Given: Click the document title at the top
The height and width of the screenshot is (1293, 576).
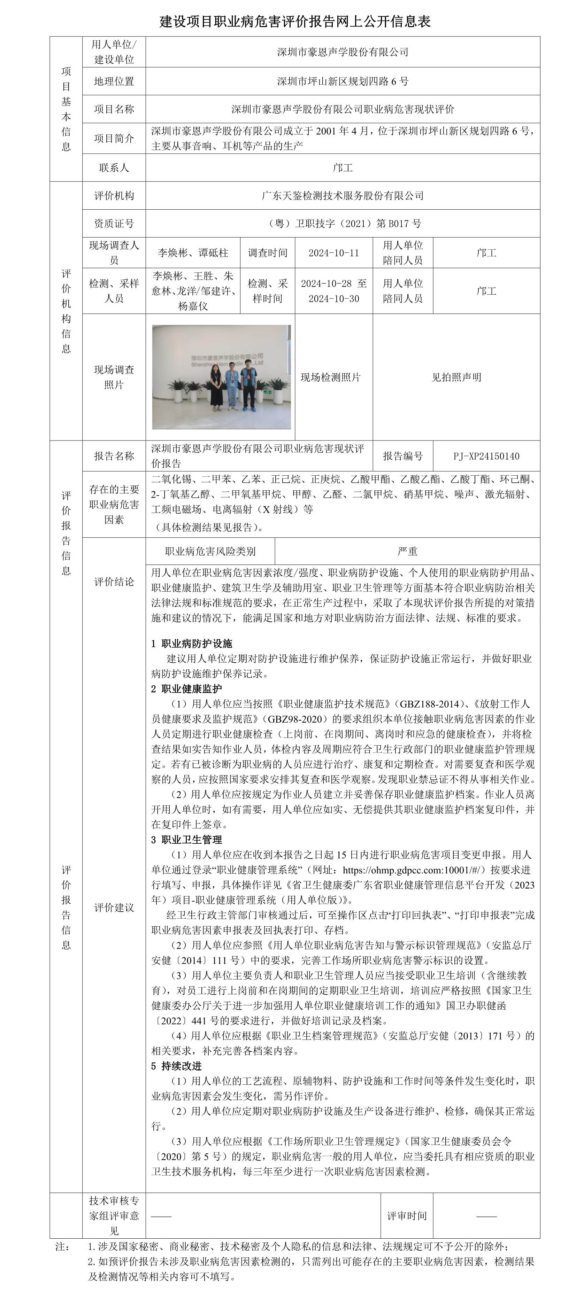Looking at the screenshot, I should click(295, 21).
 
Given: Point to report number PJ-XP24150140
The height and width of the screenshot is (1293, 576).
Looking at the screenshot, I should click(486, 456).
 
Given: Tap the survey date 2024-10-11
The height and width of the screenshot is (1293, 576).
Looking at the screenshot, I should click(334, 253).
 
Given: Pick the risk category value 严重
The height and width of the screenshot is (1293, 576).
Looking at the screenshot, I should click(407, 552).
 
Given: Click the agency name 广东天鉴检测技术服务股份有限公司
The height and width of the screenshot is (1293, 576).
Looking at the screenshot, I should click(343, 196).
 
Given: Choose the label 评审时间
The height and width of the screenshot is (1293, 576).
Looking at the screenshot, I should click(407, 1216).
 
